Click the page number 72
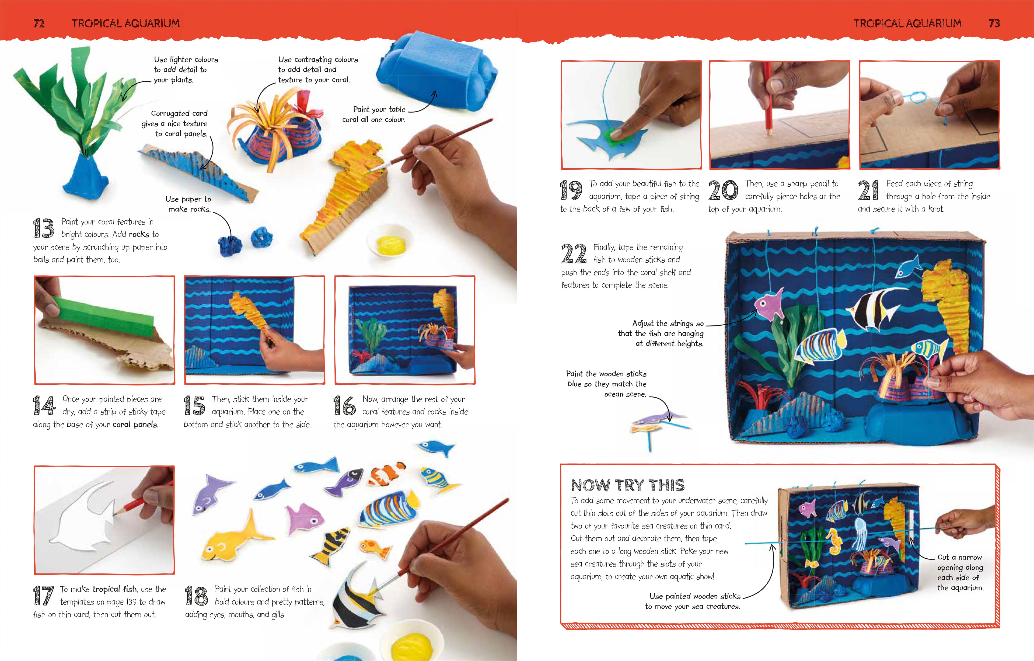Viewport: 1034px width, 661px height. [x=39, y=23]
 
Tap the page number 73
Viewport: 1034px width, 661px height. [x=994, y=23]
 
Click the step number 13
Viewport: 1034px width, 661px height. [x=43, y=228]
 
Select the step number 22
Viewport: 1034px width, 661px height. [x=573, y=253]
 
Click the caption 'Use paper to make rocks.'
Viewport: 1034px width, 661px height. [x=188, y=204]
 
